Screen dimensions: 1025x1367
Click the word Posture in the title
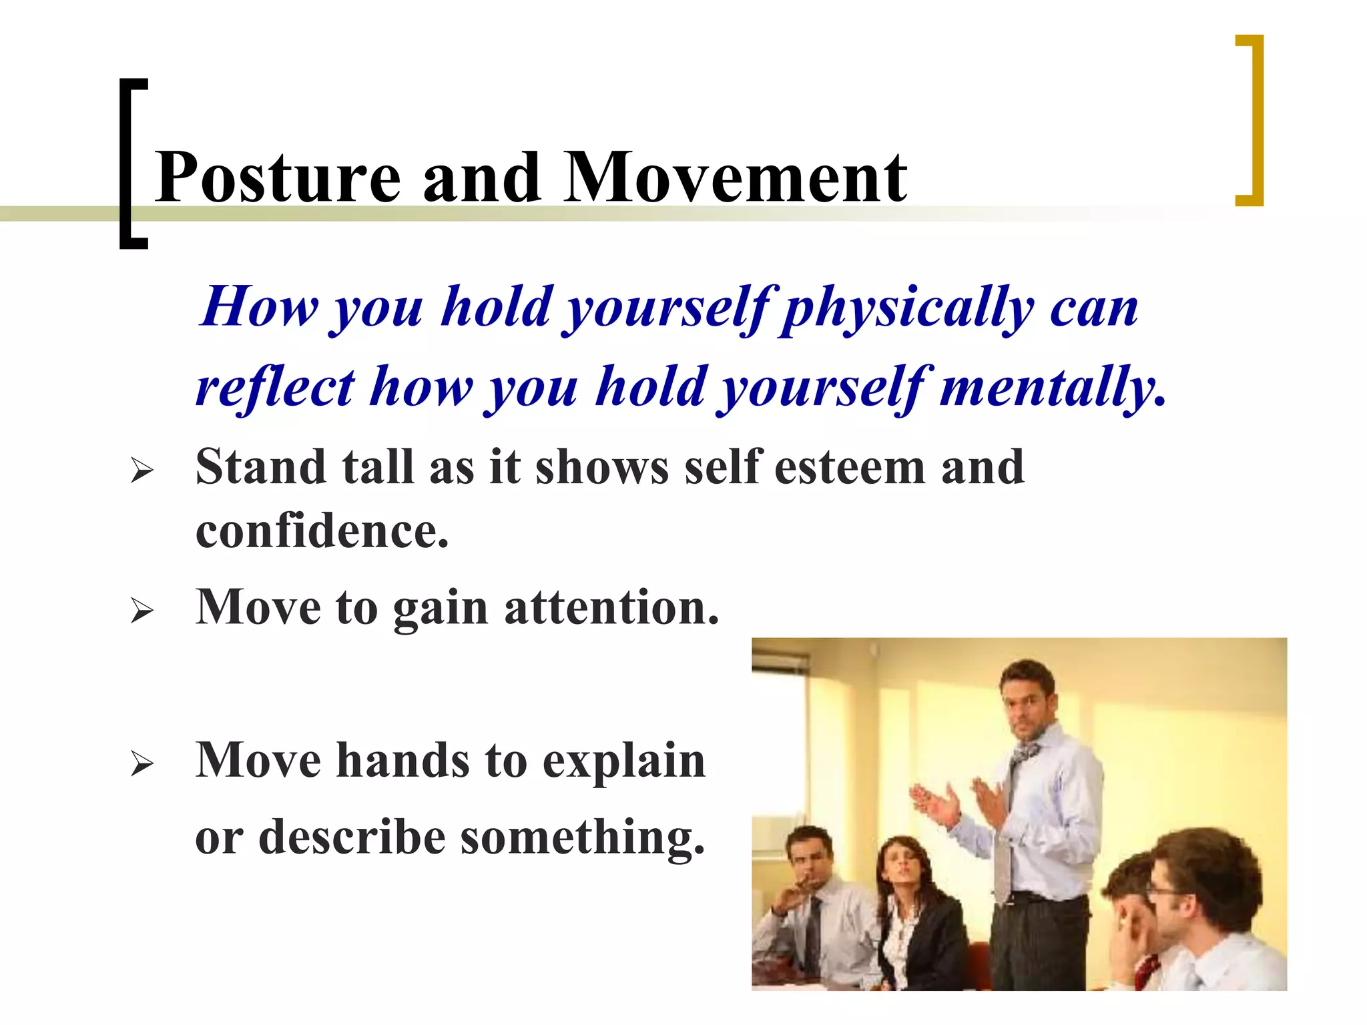point(277,179)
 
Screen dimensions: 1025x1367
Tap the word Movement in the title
point(735,178)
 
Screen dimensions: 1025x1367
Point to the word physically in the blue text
point(908,308)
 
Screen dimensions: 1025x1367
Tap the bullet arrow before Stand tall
point(142,471)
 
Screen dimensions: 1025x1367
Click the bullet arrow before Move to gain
point(142,611)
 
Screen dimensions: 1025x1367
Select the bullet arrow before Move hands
point(142,763)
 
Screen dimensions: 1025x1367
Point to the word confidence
point(321,532)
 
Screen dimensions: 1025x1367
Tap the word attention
point(611,608)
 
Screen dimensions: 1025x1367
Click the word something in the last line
point(582,837)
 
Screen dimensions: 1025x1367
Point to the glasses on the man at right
point(1161,891)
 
